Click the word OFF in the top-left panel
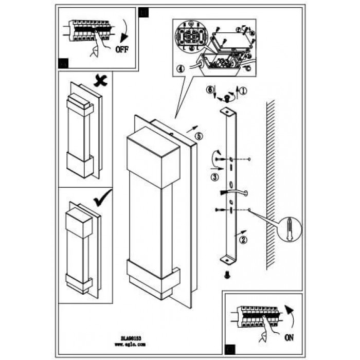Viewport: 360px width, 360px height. tap(121, 50)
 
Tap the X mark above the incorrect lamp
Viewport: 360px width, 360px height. tap(100, 80)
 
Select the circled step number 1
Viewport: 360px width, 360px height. tap(243, 90)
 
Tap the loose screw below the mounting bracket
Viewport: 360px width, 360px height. tap(227, 276)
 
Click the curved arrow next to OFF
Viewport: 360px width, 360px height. tap(123, 32)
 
